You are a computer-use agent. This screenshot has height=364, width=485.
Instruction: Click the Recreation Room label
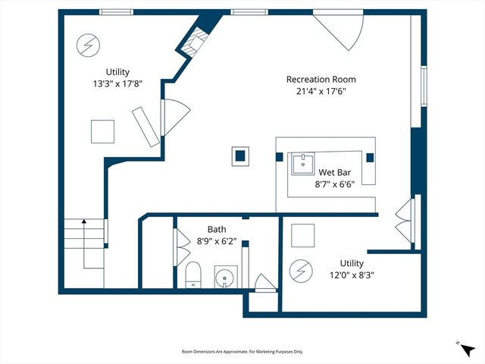(x=321, y=79)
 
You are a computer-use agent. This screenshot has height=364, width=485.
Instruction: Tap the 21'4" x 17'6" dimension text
(x=321, y=92)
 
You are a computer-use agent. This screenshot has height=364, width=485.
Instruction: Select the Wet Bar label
(x=333, y=171)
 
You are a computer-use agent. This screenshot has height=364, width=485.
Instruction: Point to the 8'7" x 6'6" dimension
(x=333, y=184)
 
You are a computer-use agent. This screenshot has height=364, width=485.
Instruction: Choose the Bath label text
(x=217, y=228)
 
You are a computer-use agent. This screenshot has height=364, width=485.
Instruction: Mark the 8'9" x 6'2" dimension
(x=217, y=241)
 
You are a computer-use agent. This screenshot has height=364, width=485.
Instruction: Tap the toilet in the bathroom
(x=192, y=275)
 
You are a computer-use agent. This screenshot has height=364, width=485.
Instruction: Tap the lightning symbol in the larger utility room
(x=86, y=45)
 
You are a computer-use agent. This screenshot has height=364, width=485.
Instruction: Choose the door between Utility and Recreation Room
(x=173, y=118)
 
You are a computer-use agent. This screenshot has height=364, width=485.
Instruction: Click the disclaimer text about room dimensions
(x=242, y=352)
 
